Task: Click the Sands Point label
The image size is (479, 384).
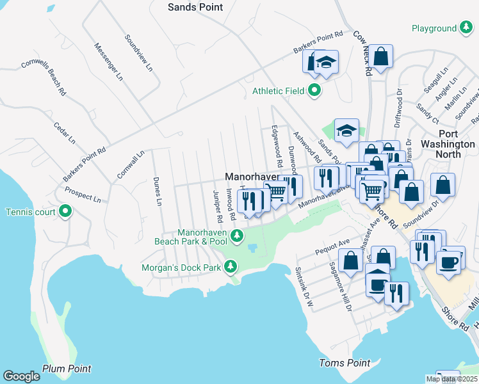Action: [x=195, y=7]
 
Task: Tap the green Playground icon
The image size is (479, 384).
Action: [x=466, y=29]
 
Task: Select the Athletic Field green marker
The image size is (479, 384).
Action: [x=314, y=91]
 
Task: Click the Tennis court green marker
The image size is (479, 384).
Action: [x=65, y=211]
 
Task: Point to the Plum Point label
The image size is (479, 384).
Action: [x=67, y=369]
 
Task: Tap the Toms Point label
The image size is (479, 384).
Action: [x=345, y=363]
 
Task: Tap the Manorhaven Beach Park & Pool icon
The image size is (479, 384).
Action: [x=236, y=236]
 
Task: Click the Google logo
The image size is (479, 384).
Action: [x=21, y=376]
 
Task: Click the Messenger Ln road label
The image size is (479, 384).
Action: [x=108, y=61]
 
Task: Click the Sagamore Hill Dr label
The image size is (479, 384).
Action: [x=341, y=286]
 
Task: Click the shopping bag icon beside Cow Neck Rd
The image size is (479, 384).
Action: [x=380, y=56]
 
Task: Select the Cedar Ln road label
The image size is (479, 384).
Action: [x=64, y=132]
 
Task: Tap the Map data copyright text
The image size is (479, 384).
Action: [x=451, y=379]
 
